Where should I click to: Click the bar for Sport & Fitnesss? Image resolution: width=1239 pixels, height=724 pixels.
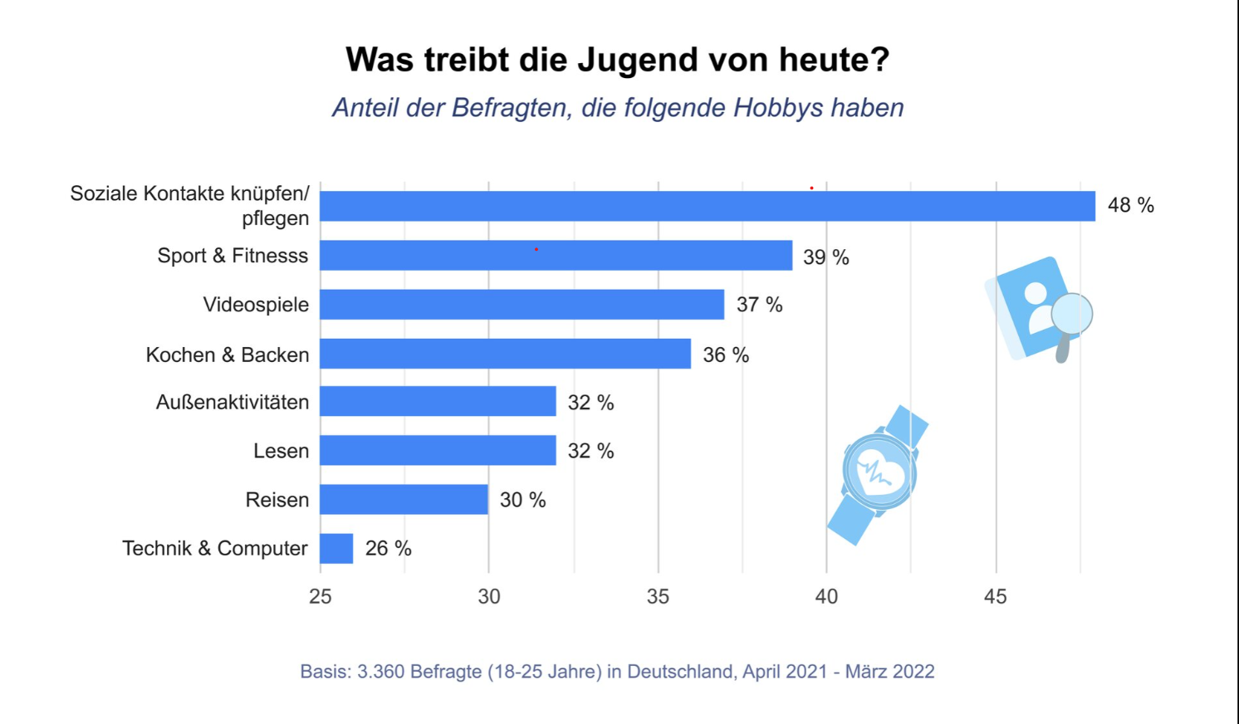(556, 256)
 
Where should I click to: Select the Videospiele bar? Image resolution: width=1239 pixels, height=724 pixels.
(522, 305)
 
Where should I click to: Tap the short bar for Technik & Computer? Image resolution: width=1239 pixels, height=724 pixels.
(336, 549)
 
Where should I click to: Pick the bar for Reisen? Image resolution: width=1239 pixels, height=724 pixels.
(404, 500)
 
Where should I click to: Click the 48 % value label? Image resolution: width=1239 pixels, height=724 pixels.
(1130, 205)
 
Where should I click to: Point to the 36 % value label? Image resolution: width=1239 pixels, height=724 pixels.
(726, 355)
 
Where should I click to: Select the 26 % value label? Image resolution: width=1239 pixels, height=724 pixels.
(388, 549)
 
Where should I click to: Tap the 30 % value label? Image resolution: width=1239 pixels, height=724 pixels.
(522, 500)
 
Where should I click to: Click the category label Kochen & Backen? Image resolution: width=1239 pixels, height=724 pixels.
(227, 355)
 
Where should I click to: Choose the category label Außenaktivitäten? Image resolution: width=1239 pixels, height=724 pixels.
(232, 403)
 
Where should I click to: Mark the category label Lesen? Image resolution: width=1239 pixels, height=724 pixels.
(281, 451)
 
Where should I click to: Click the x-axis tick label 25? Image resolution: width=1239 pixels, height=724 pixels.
(321, 596)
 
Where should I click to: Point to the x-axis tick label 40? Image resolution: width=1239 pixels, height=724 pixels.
(826, 596)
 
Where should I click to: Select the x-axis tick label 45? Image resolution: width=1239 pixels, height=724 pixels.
(995, 596)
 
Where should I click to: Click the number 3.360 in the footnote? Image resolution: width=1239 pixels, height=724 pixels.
(380, 672)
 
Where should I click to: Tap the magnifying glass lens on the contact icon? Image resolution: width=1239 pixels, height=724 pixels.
(1071, 315)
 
